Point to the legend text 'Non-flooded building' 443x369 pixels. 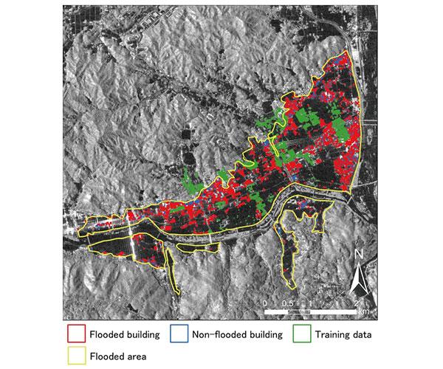click(x=237, y=334)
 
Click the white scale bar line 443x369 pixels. click(x=311, y=311)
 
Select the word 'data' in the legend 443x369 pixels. click(x=360, y=334)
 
